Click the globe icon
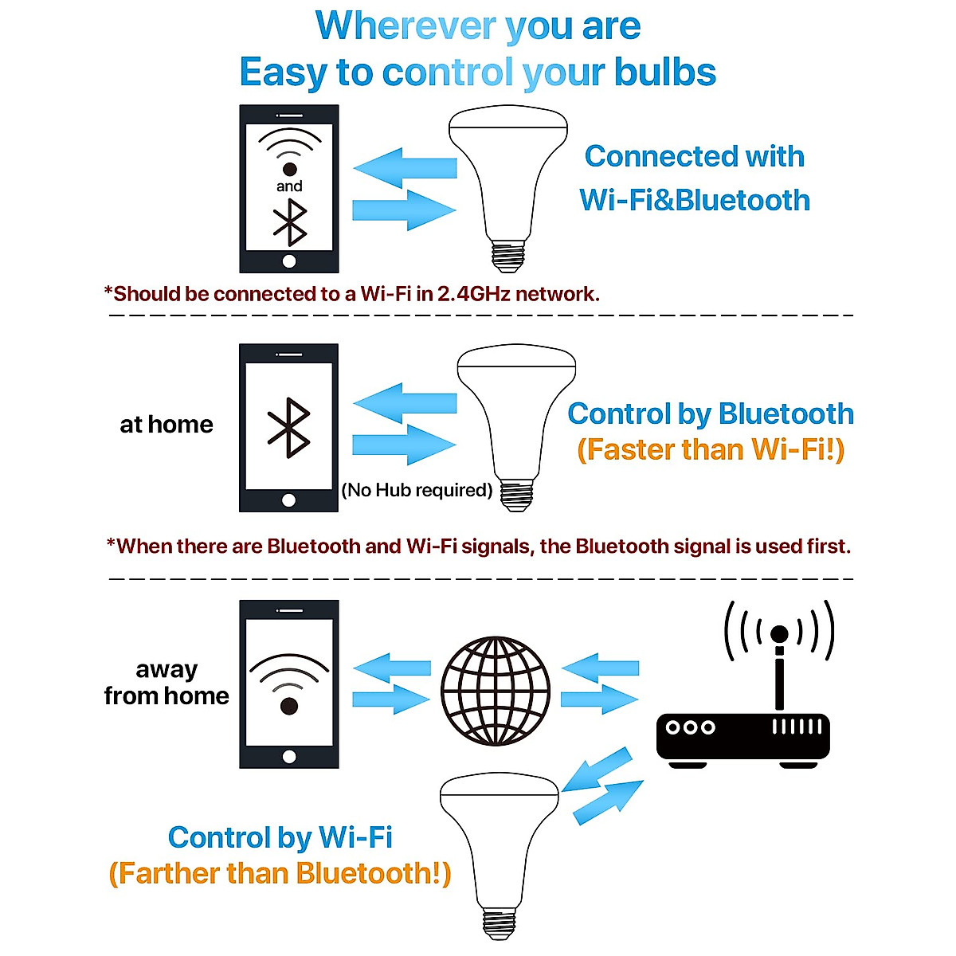tap(495, 691)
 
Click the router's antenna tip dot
tap(779, 634)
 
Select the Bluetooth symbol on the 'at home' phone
tap(288, 427)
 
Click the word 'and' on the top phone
tap(289, 186)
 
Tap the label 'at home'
tap(167, 425)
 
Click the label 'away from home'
tap(167, 683)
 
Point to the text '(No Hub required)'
tap(417, 490)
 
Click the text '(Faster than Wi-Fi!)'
tap(710, 450)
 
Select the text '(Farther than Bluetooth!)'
tap(280, 873)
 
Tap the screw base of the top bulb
tap(509, 255)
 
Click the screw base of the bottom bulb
tap(500, 923)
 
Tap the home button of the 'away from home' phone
tap(289, 756)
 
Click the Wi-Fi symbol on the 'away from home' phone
tap(289, 682)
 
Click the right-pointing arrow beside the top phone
tap(404, 210)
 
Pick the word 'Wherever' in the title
tap(406, 25)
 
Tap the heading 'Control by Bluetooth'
tap(710, 414)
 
